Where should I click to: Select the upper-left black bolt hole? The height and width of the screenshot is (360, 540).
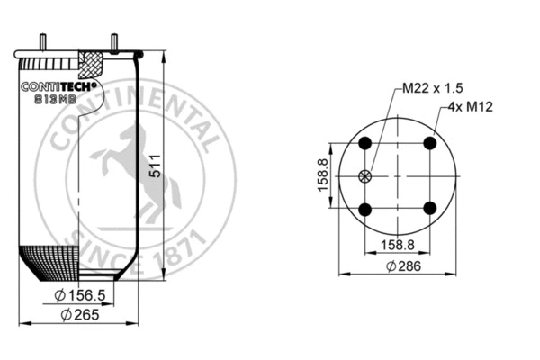tap(364, 144)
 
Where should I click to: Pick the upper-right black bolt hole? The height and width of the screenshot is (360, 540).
tap(430, 144)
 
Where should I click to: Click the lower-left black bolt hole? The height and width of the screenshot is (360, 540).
tap(364, 209)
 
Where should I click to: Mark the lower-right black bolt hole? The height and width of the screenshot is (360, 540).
tap(430, 209)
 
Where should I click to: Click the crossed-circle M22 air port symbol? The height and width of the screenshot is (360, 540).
tap(364, 176)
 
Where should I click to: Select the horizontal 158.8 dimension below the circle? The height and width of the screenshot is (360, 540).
tap(397, 244)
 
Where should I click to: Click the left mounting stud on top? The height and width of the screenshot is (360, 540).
tap(42, 42)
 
